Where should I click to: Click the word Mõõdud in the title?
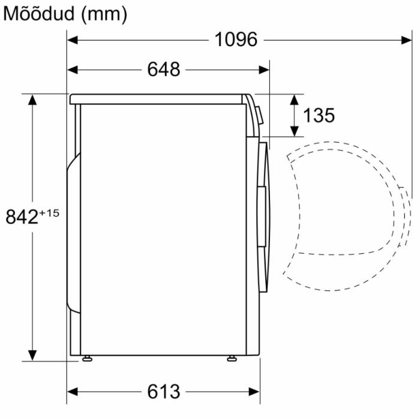(x=38, y=14)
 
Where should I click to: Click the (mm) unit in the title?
(x=104, y=15)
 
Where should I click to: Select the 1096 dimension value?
(x=236, y=40)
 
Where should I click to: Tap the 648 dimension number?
(x=164, y=70)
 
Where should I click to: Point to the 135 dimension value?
(x=319, y=115)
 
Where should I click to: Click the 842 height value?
(x=22, y=217)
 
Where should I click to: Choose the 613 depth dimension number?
(x=164, y=392)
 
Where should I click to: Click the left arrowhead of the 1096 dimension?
(x=73, y=40)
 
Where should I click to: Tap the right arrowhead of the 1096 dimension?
(x=406, y=40)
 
